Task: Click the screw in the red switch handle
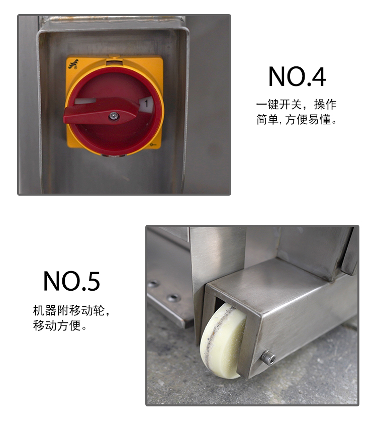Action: click(114, 116)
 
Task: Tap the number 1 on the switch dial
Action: click(146, 104)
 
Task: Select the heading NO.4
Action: click(297, 76)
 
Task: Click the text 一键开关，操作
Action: click(296, 105)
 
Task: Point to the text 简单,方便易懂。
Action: click(296, 120)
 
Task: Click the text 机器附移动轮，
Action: click(71, 310)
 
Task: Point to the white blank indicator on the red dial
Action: click(85, 101)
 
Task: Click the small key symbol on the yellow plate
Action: click(153, 145)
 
